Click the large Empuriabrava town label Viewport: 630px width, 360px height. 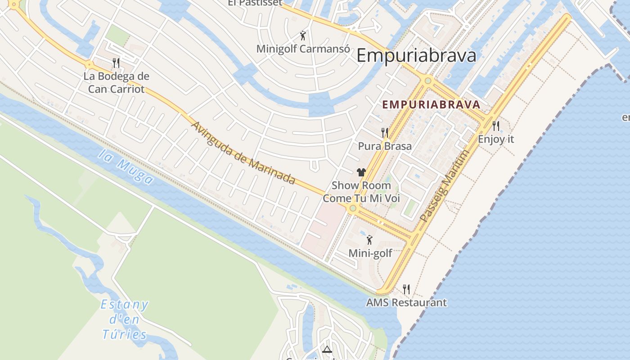click(416, 56)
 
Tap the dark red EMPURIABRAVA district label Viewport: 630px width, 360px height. click(431, 105)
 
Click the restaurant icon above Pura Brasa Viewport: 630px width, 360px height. click(385, 132)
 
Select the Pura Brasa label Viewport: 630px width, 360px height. click(385, 146)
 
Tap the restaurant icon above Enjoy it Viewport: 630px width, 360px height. click(496, 126)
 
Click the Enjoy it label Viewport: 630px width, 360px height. click(496, 139)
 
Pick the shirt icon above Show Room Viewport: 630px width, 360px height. click(361, 172)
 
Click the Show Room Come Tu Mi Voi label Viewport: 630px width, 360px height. click(361, 192)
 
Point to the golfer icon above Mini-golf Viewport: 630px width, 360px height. click(369, 240)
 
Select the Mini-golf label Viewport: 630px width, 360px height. click(370, 253)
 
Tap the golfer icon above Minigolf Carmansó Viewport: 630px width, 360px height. click(303, 36)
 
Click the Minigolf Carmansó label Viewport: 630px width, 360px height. click(303, 49)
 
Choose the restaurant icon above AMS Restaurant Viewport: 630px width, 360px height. click(406, 289)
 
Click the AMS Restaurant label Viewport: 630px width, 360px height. click(406, 302)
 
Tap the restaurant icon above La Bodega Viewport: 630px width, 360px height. click(116, 63)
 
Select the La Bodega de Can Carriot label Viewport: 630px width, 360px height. click(116, 82)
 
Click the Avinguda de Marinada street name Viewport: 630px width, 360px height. click(243, 153)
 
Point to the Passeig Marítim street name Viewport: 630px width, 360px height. click(445, 186)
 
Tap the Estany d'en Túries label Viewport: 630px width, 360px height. click(124, 319)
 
